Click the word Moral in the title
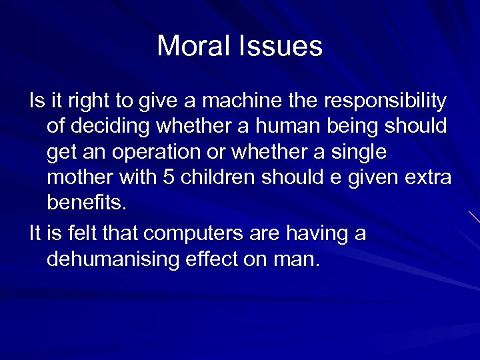click(191, 47)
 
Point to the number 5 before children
click(166, 178)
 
